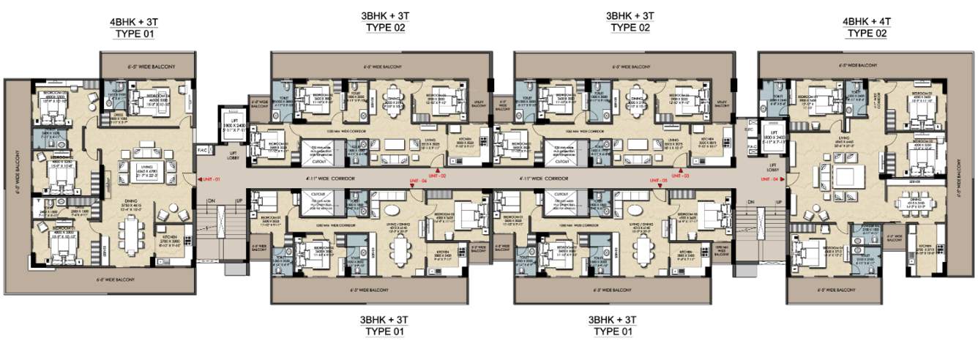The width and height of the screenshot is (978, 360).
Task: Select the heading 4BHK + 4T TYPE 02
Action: coord(871,28)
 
